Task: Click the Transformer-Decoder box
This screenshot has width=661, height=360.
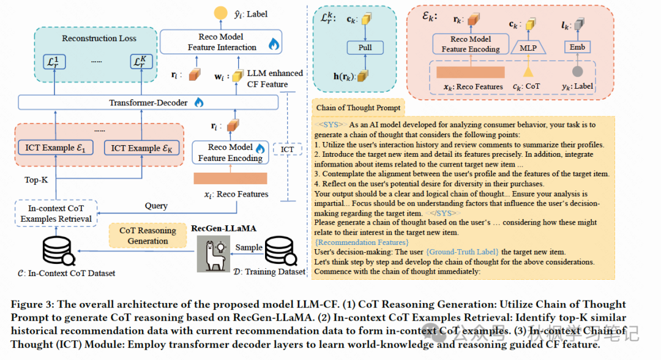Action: (148, 103)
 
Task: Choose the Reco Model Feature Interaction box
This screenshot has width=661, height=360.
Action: (221, 42)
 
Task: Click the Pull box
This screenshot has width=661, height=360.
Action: (365, 48)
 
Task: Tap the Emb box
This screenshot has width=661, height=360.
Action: (577, 48)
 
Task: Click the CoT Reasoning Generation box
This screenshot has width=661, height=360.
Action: (148, 236)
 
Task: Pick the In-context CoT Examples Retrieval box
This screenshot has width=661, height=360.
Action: (56, 214)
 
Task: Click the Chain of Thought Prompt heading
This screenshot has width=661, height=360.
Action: (358, 108)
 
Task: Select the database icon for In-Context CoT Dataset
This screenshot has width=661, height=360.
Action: (56, 250)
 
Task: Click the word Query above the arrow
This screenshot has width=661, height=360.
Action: (157, 206)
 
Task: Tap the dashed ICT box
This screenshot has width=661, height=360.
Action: (287, 149)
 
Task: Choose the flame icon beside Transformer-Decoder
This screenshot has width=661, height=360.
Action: (198, 103)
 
